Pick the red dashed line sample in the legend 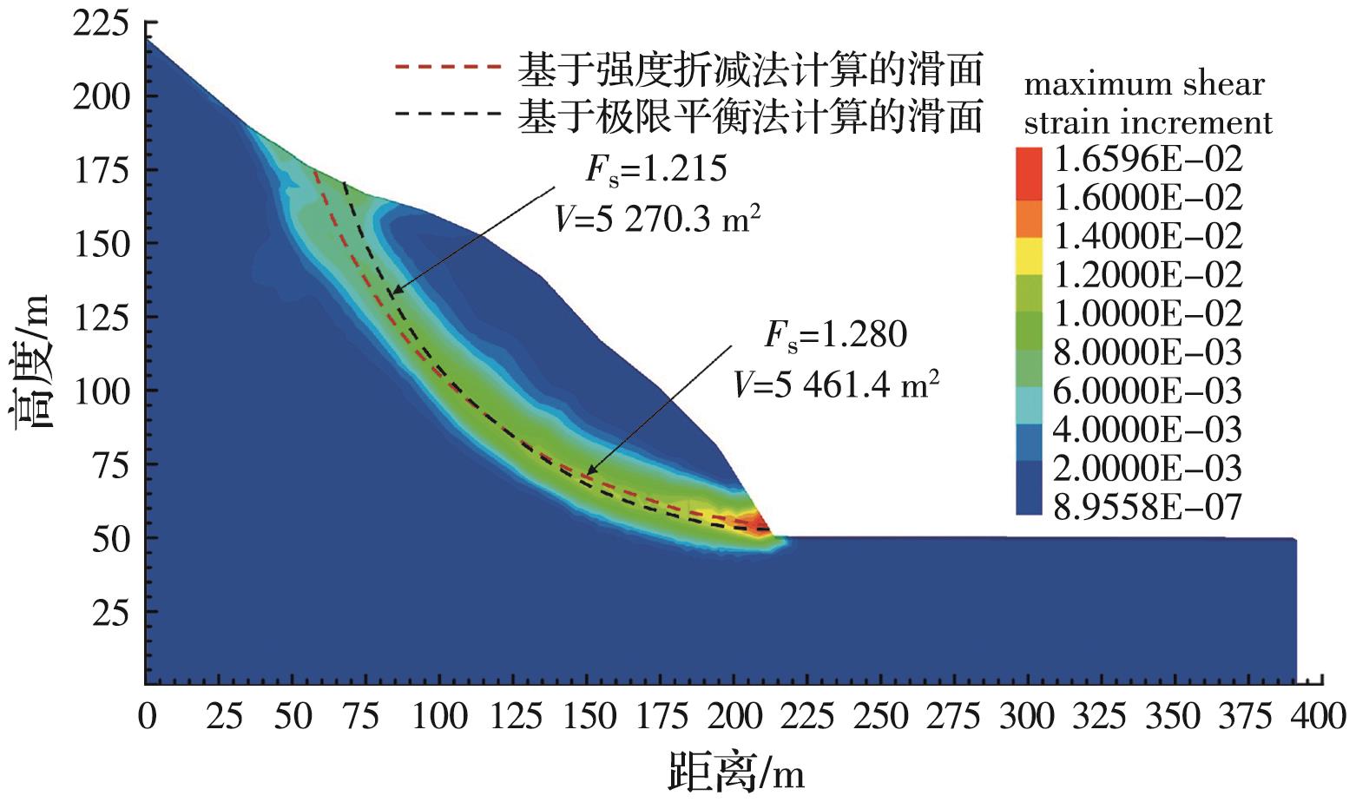[x=448, y=66]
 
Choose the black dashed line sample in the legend [x=448, y=113]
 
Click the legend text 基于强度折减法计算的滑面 [x=749, y=68]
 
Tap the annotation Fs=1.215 [x=655, y=168]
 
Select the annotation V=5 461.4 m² [x=836, y=382]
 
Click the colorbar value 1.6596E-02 [x=1147, y=159]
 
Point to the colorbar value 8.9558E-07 [x=1147, y=507]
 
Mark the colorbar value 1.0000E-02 [x=1147, y=313]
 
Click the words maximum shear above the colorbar [x=1144, y=84]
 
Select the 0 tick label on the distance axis [x=148, y=717]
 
